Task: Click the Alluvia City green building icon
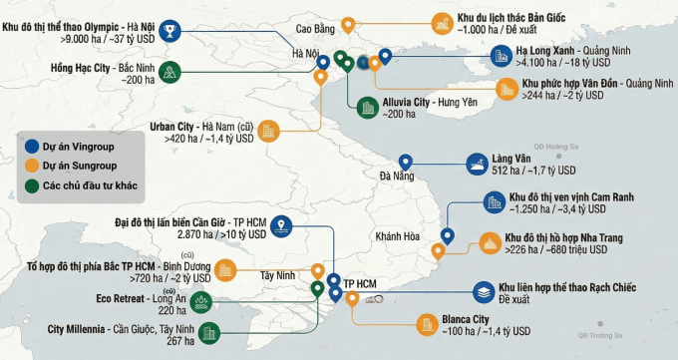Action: pos(367,107)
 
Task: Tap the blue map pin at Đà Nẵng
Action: pos(406,163)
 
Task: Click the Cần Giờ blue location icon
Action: pos(283,225)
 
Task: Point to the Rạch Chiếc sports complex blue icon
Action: pos(482,292)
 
